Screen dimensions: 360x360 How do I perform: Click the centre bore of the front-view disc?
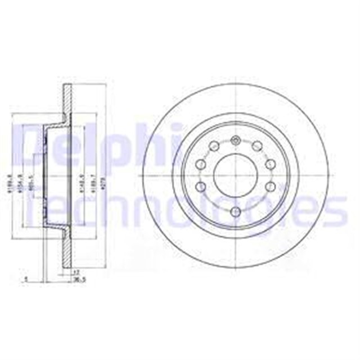236,175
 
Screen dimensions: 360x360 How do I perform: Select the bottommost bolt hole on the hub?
236,211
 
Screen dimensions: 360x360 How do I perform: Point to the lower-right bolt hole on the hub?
270,186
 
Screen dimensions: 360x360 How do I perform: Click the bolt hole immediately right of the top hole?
257,146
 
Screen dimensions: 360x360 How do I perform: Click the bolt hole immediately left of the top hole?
214,146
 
